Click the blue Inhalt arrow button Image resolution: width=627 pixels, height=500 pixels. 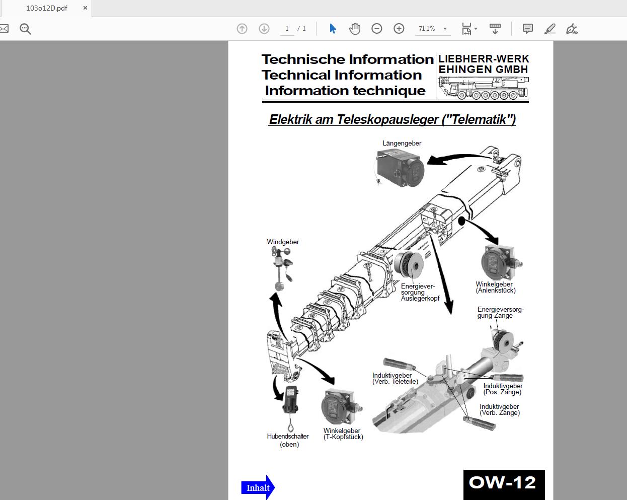258,487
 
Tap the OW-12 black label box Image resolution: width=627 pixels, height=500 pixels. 504,484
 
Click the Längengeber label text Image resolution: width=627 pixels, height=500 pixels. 402,143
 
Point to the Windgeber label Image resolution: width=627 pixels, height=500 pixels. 283,242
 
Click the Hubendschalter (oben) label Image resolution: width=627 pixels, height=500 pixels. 288,440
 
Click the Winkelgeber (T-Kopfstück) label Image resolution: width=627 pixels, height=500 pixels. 343,434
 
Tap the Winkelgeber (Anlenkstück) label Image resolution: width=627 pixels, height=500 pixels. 496,287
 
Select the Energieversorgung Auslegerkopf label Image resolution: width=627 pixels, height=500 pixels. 420,292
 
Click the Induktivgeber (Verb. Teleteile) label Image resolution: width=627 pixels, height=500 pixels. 395,379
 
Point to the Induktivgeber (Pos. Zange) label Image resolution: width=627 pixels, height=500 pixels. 503,389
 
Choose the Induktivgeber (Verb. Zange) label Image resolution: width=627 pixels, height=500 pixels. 500,410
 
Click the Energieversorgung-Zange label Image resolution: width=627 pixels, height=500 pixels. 501,312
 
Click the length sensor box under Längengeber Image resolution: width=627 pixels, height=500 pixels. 400,168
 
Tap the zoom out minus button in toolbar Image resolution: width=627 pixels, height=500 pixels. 377,29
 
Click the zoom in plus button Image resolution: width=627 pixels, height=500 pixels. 399,29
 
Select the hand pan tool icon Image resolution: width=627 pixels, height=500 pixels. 355,29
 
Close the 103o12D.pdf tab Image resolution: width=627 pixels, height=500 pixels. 85,8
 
